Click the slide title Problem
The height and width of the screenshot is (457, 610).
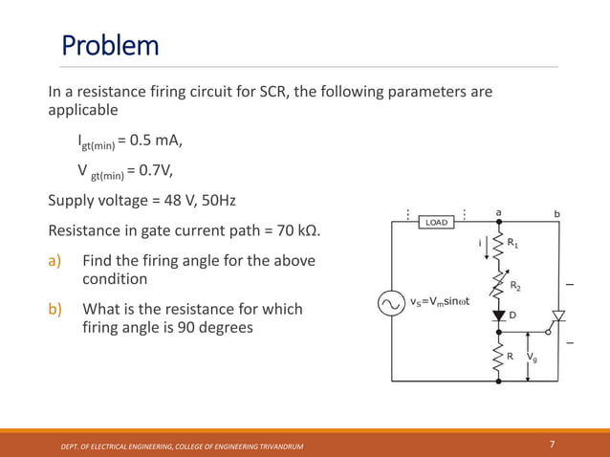point(110,45)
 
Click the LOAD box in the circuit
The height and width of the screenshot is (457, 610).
point(436,222)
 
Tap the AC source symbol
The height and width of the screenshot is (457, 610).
point(391,303)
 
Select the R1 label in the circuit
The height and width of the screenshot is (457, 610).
point(513,245)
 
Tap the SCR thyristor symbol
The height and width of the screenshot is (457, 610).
point(559,316)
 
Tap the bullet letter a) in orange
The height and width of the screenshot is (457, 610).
point(56,261)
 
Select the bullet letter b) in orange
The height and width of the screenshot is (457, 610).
point(56,310)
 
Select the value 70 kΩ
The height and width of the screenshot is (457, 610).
point(294,231)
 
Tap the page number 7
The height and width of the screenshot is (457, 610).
point(553,445)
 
